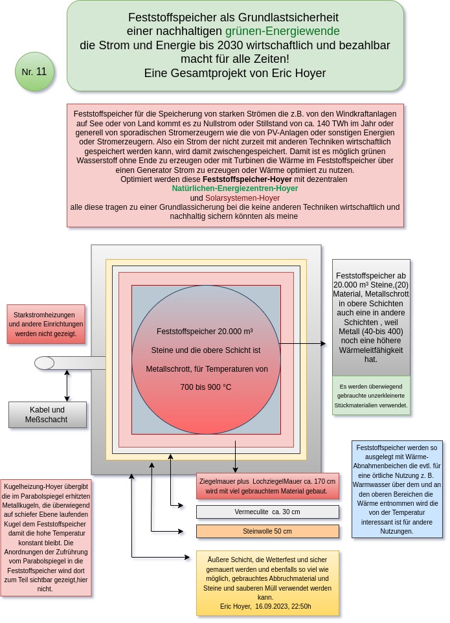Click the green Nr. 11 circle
34,72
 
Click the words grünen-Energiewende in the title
282,31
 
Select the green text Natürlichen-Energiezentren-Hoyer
234,188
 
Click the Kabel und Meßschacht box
47,414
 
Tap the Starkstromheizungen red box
46,324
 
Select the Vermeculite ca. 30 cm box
267,512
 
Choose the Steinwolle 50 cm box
267,531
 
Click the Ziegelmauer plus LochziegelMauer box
267,486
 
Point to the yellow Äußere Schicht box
267,582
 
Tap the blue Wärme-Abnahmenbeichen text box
397,489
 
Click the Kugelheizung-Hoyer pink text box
46,537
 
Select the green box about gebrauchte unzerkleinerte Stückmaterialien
371,395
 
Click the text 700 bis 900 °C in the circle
205,387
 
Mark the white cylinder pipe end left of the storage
44,363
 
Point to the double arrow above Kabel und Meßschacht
67,385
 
